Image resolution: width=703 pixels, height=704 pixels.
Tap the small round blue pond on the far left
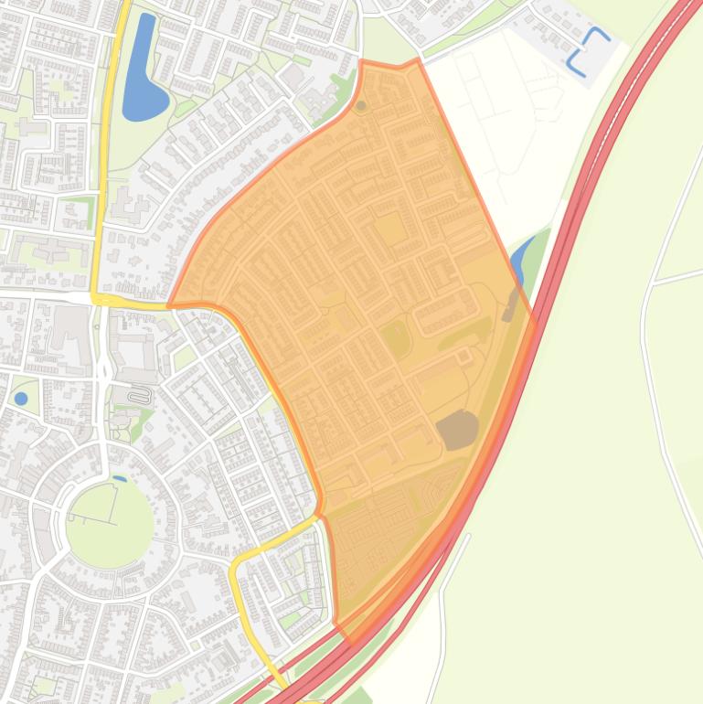(x=21, y=399)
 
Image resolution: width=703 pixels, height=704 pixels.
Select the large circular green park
(x=110, y=524)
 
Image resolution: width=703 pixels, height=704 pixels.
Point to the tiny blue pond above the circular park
(x=119, y=478)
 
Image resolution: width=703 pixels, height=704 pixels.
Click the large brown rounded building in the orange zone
(x=457, y=429)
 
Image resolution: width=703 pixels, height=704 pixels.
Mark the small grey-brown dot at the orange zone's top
(x=361, y=106)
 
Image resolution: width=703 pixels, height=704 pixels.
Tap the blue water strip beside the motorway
(x=521, y=259)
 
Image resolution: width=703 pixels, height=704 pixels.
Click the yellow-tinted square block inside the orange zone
(x=390, y=228)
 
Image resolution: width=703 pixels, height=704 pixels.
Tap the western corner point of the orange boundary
(x=169, y=304)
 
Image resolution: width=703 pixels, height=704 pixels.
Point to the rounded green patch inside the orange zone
(x=395, y=338)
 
